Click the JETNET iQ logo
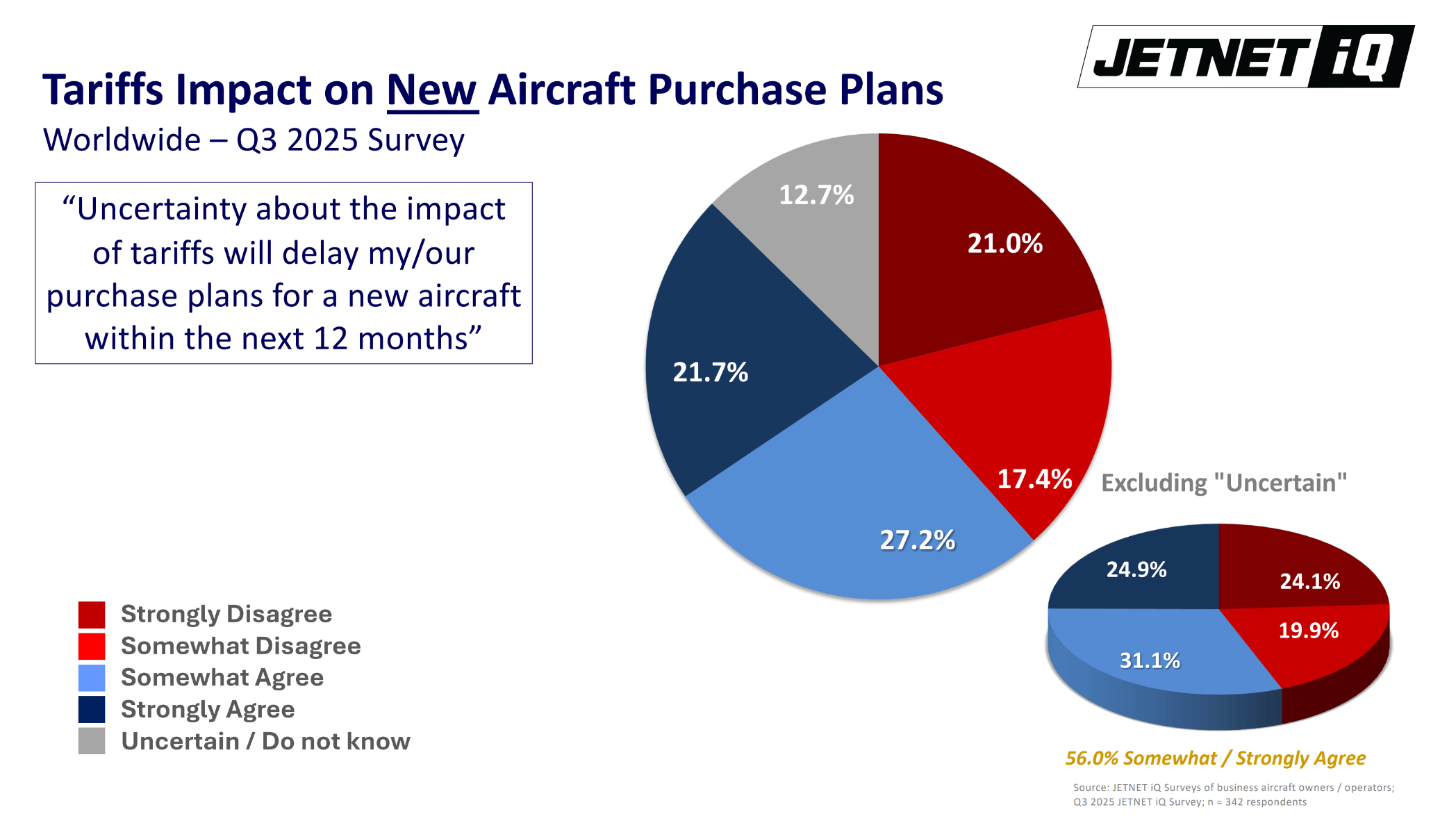point(1245,57)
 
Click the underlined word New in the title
point(431,90)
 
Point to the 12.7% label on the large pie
point(816,195)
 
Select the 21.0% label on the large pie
point(1004,244)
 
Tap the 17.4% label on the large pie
point(1034,479)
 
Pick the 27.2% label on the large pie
point(917,540)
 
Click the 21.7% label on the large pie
point(710,373)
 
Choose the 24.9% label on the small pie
point(1136,570)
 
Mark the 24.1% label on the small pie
point(1309,581)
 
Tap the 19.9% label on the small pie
point(1308,631)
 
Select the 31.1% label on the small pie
point(1149,660)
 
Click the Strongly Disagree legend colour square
point(92,615)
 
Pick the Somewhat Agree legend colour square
point(92,678)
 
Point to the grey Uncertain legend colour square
point(92,741)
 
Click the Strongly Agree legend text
point(208,710)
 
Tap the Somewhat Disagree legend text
point(240,646)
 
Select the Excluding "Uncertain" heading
point(1223,483)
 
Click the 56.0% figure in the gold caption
point(1091,758)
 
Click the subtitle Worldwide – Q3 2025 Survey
point(254,140)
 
